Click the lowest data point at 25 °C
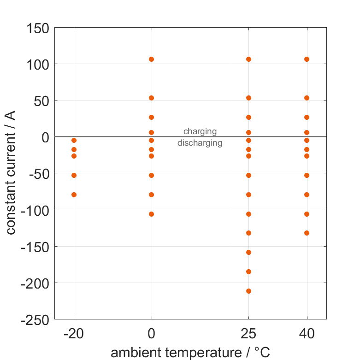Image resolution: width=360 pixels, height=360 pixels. tap(249, 291)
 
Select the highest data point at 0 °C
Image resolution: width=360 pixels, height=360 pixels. tap(152, 59)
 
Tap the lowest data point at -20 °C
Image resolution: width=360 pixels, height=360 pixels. tap(74, 195)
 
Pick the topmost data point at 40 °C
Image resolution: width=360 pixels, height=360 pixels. tap(307, 59)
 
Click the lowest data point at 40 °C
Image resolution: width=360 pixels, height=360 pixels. tap(307, 233)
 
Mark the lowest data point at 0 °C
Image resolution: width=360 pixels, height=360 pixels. tap(152, 214)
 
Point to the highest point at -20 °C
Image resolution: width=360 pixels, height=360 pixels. tap(74, 140)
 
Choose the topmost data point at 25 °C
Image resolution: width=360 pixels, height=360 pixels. tap(249, 59)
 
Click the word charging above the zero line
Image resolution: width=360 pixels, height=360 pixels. tap(200, 131)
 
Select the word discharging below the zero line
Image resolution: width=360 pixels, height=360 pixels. tap(200, 143)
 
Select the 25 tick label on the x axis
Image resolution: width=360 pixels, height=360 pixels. tap(249, 333)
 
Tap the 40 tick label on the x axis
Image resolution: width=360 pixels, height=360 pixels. tap(307, 333)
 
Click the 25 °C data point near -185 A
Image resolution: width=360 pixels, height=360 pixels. tap(249, 271)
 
